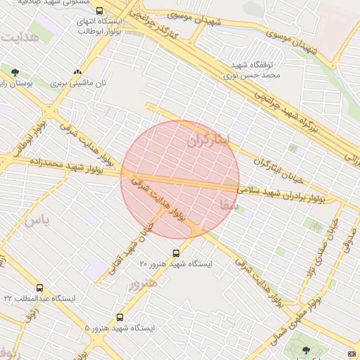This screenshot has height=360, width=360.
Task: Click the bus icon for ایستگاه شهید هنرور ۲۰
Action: tap(176, 253)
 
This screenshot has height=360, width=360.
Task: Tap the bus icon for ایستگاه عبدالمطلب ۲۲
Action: tap(39, 288)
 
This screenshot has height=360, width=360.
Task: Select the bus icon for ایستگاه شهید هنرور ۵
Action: tap(120, 317)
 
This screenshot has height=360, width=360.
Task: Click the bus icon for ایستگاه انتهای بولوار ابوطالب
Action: tap(99, 11)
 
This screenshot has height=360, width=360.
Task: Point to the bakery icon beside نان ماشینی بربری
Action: tap(77, 72)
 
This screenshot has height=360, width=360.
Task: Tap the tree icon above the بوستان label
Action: tap(15, 72)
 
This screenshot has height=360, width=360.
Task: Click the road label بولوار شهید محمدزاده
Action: tap(66, 167)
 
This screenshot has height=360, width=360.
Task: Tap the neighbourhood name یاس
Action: tap(37, 221)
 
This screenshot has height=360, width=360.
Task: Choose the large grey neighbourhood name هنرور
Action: tap(143, 283)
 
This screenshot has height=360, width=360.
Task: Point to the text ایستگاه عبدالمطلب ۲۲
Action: tap(48, 299)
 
